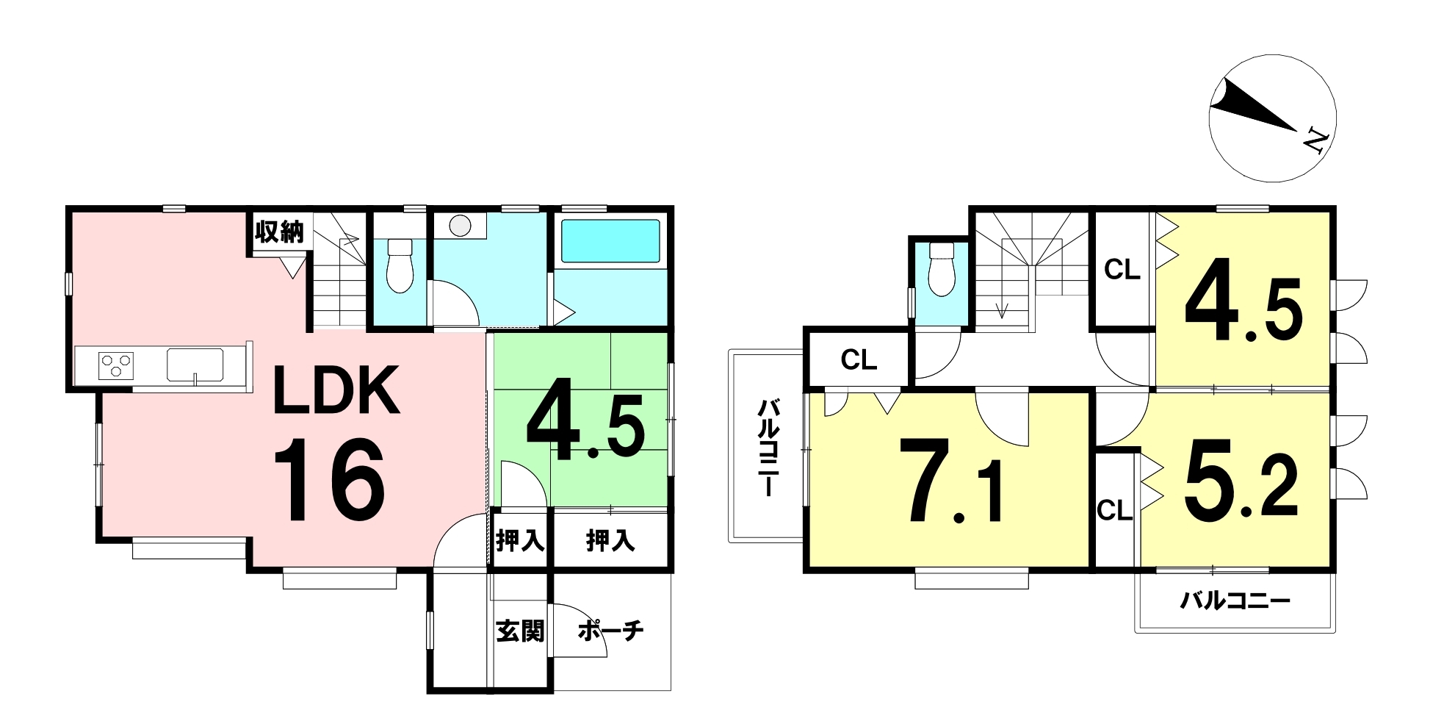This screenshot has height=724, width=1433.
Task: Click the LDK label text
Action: (336, 390)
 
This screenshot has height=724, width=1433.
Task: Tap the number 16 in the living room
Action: (329, 480)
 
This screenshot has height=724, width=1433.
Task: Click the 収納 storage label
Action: (279, 232)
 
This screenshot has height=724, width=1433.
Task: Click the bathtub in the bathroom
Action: (610, 241)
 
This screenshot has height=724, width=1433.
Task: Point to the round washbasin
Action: (461, 226)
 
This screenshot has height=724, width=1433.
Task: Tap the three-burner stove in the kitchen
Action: (117, 365)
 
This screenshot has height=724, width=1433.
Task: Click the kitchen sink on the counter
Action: (195, 365)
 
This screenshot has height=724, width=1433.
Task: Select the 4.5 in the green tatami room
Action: (585, 420)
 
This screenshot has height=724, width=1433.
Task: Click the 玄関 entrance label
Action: (520, 631)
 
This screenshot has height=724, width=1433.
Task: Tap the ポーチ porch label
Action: (610, 631)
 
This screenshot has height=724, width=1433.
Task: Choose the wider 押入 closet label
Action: (610, 541)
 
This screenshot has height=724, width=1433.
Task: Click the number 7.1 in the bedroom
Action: (956, 481)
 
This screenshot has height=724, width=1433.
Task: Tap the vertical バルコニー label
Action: (768, 448)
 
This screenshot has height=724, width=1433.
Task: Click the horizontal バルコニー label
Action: (1235, 602)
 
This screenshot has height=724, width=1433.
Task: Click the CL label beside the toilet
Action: (859, 360)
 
